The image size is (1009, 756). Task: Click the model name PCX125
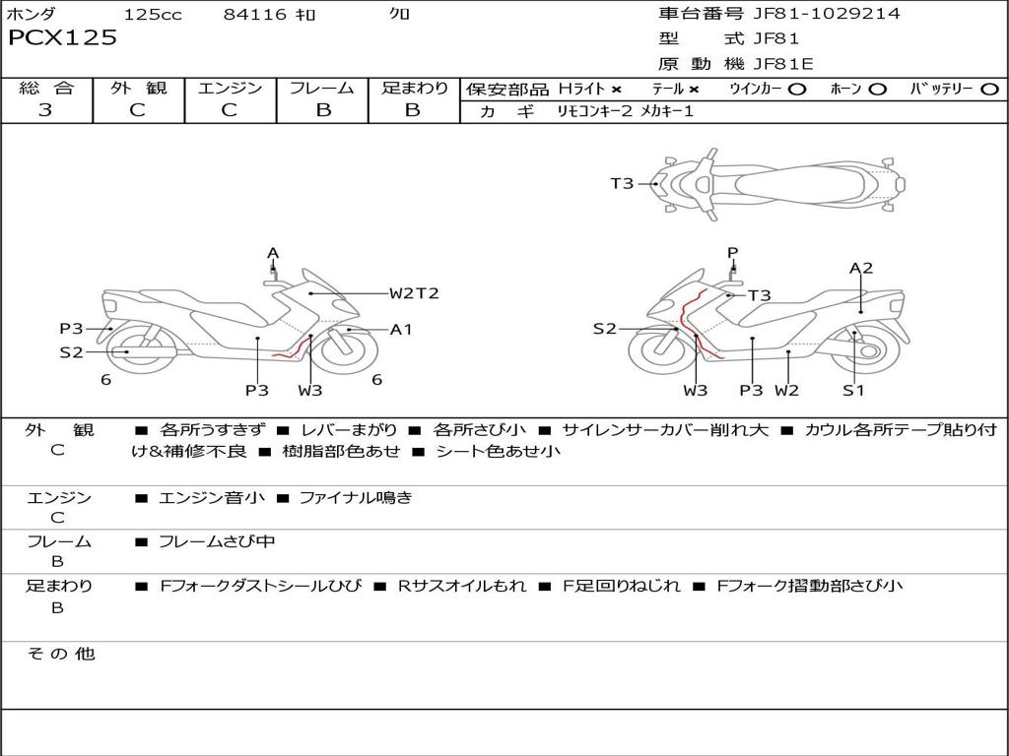(62, 38)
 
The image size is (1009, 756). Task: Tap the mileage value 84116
(255, 15)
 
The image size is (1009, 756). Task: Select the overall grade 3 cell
(45, 110)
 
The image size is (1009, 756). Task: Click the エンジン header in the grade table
(230, 89)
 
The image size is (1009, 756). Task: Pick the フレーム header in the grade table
(322, 89)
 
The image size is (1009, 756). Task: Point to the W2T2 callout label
(414, 293)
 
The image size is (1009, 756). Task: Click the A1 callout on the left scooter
(401, 330)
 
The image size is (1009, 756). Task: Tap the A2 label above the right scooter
(861, 268)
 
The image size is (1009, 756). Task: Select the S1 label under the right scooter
(853, 390)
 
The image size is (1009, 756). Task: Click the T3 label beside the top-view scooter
(622, 183)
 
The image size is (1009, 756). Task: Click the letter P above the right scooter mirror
(732, 253)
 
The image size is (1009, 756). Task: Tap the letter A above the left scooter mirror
(273, 253)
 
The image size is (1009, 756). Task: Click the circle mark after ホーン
(878, 89)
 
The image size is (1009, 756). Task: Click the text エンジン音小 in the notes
(212, 498)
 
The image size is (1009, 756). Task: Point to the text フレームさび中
(217, 542)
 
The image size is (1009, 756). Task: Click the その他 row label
(60, 654)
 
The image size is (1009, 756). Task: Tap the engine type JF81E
(783, 64)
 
